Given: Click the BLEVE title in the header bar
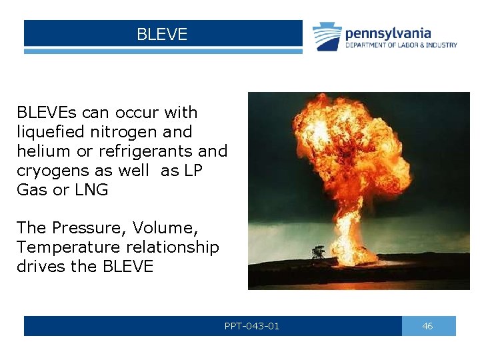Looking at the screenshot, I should point(162,34).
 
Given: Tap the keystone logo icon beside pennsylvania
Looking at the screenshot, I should point(327,37).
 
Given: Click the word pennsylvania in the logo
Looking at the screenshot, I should point(387,33).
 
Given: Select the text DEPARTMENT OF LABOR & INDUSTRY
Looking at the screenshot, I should point(401,45).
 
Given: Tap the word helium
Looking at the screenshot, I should point(39,151).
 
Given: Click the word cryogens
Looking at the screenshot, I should point(50,171).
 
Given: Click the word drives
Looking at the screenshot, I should point(39,267).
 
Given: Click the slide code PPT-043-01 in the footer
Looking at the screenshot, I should point(252,326).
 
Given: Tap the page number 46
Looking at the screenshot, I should point(428,326).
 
